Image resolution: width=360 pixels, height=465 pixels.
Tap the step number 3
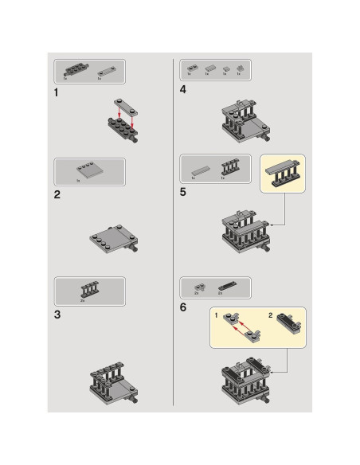[57, 315]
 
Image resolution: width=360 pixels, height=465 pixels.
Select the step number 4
[183, 90]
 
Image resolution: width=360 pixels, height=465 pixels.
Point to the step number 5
[183, 191]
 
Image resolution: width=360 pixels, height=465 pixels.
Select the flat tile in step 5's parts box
[201, 170]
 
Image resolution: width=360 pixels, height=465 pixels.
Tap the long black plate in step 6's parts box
[225, 284]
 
